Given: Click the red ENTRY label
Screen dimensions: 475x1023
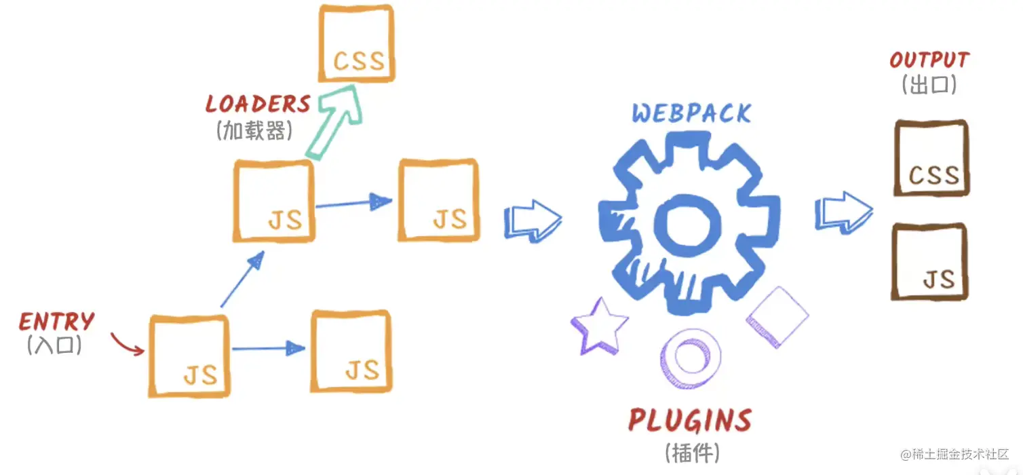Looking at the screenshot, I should tap(57, 322).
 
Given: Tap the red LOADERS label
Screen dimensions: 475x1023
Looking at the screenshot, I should tap(258, 104).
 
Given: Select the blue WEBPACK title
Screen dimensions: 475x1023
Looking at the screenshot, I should tap(691, 113).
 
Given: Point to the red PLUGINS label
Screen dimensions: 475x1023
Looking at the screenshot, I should tap(690, 421).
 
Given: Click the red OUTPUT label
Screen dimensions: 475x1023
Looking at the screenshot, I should tap(929, 60).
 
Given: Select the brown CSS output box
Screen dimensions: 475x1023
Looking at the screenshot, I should tap(931, 158).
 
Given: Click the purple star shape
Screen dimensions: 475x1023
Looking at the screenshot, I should tap(599, 326).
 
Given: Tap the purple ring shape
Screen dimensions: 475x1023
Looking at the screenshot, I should tap(689, 358).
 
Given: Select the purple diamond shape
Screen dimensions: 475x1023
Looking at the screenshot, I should tap(777, 317).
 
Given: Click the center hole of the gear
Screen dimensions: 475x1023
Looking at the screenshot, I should tap(688, 224).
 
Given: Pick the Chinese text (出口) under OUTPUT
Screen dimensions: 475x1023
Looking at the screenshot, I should tap(929, 85).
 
